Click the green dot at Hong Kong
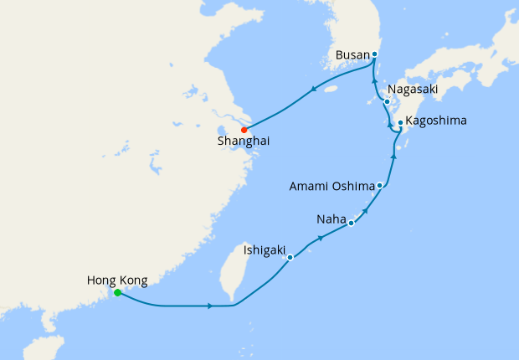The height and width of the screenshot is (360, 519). click(x=117, y=293)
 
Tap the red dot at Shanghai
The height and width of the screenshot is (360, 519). click(x=244, y=130)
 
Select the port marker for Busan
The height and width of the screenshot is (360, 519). click(x=374, y=54)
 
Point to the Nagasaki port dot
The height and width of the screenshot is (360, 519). click(x=387, y=102)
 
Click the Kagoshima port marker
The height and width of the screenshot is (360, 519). click(x=400, y=123)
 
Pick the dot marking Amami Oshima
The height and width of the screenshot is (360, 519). click(x=380, y=185)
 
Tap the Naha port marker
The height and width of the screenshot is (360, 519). click(x=351, y=224)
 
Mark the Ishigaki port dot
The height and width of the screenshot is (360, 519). click(x=290, y=258)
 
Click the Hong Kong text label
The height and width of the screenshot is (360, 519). click(x=118, y=280)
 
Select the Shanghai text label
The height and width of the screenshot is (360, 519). click(x=244, y=142)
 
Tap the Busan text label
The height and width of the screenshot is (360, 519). click(x=351, y=54)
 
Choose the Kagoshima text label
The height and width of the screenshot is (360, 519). click(x=436, y=121)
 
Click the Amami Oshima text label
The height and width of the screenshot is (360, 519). click(x=331, y=185)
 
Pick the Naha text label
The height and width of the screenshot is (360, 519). click(x=331, y=219)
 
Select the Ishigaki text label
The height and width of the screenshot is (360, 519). click(x=265, y=249)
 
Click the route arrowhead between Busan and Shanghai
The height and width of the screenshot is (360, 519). click(x=313, y=90)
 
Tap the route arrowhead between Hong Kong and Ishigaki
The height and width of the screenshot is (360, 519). click(x=208, y=306)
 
